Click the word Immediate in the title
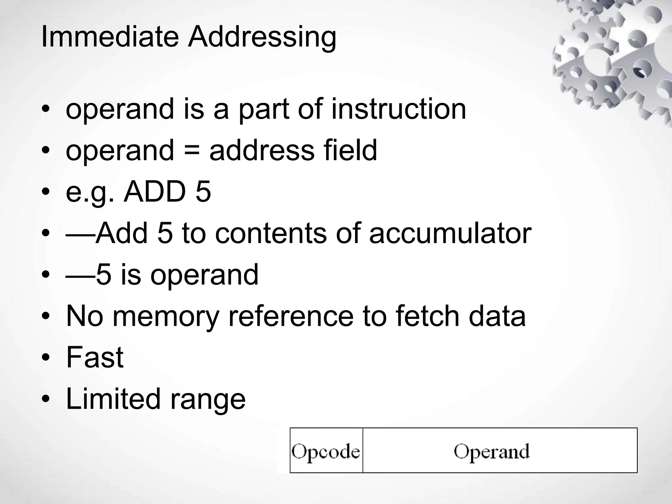click(x=110, y=36)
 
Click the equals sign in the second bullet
click(x=191, y=151)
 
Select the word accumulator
click(x=450, y=233)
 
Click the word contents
click(x=271, y=233)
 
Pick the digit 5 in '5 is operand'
click(x=104, y=275)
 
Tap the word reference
click(x=291, y=316)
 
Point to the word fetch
click(x=428, y=316)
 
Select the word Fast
click(x=95, y=357)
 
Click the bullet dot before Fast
click(x=46, y=358)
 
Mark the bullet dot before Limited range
click(x=46, y=399)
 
